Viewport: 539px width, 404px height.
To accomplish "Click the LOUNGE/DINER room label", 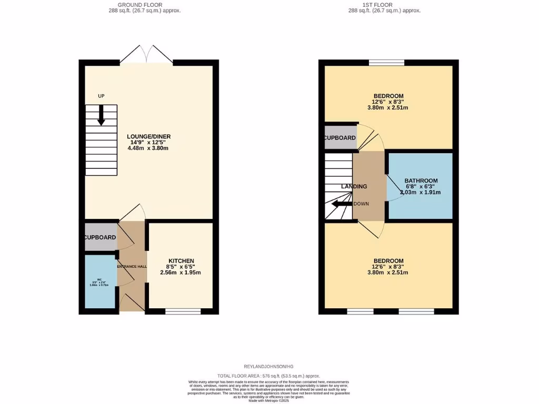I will point(148,136).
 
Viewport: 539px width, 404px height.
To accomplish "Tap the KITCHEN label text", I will point(181,261).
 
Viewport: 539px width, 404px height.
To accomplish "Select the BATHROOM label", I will point(421,181).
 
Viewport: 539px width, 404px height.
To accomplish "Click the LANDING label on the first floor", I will point(354,187).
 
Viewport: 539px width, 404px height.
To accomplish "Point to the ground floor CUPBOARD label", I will point(101,237).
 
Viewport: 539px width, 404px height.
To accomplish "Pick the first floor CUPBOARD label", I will point(340,138).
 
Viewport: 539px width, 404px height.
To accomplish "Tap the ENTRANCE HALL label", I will point(132,267).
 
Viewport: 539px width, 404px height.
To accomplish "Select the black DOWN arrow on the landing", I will point(342,204).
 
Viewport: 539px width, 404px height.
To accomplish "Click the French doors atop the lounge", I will point(147,54).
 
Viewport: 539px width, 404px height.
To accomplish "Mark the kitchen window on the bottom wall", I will point(183,311).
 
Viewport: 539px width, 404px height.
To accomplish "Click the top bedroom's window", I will point(386,63).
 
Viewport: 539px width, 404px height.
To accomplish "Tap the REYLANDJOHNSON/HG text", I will point(269,366).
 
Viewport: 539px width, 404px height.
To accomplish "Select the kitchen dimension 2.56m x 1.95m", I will point(181,272).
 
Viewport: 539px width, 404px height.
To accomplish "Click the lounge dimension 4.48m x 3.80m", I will point(148,148).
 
